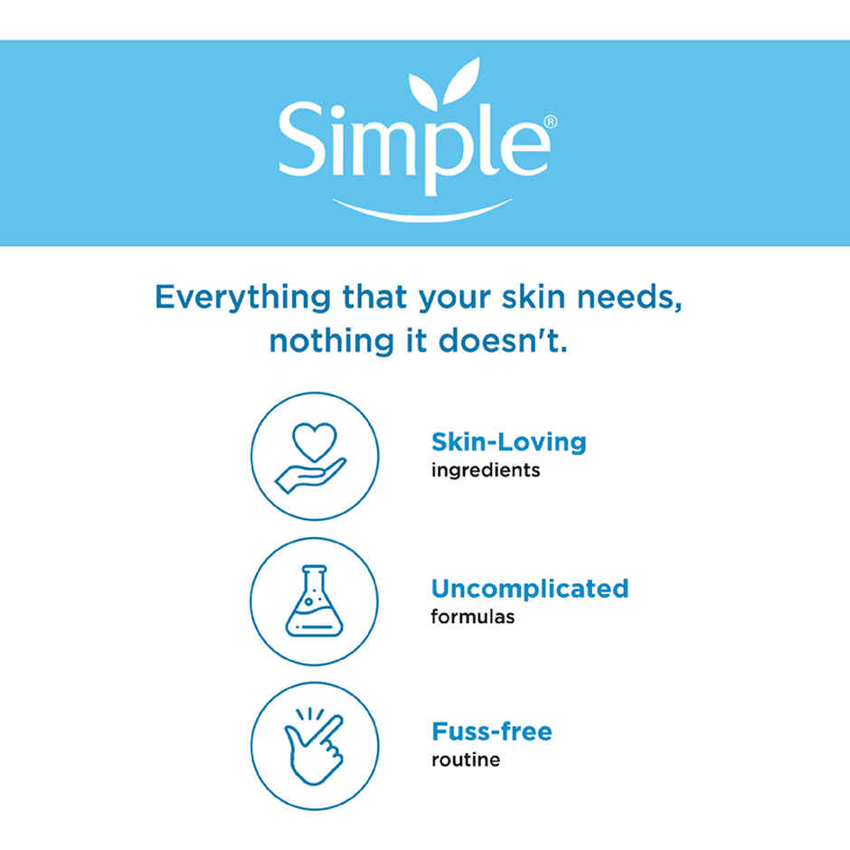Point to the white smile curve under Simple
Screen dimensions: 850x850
point(422,211)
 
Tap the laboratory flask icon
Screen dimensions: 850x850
point(314,600)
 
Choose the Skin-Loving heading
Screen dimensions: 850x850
point(508,442)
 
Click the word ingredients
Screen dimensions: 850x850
point(485,470)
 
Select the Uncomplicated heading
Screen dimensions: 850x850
point(529,589)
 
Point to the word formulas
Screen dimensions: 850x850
point(472,617)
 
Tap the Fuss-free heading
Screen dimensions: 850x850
point(491,731)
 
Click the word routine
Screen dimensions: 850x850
point(465,760)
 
